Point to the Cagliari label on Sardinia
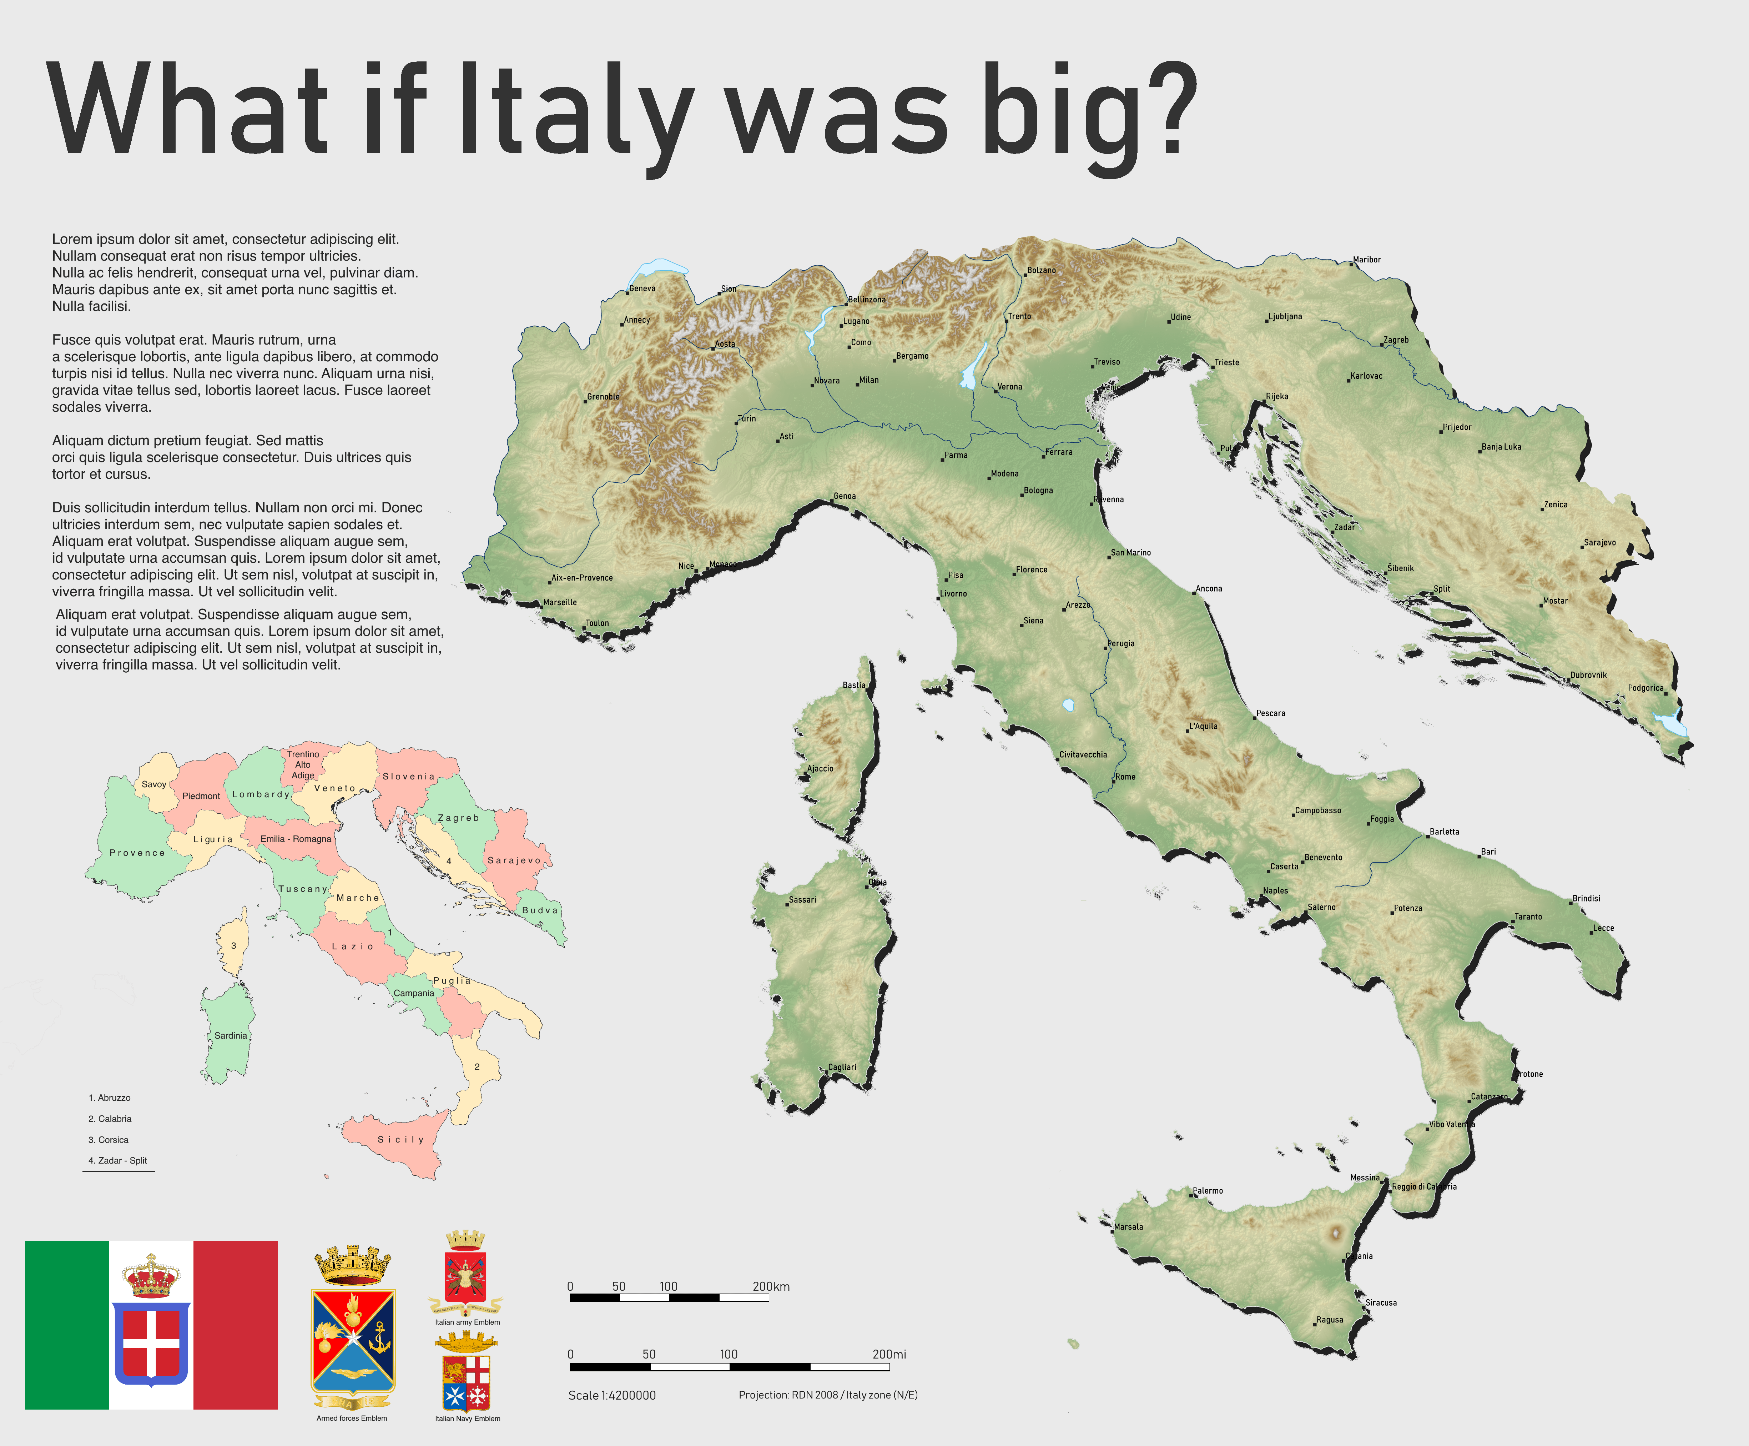point(842,1067)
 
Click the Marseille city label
point(560,602)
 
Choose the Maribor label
point(1367,260)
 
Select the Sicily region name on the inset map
point(400,1139)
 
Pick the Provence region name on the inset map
point(137,853)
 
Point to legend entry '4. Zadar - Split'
point(117,1160)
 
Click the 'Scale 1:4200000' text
point(612,1395)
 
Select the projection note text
point(828,1394)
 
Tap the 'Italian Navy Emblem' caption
point(467,1419)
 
